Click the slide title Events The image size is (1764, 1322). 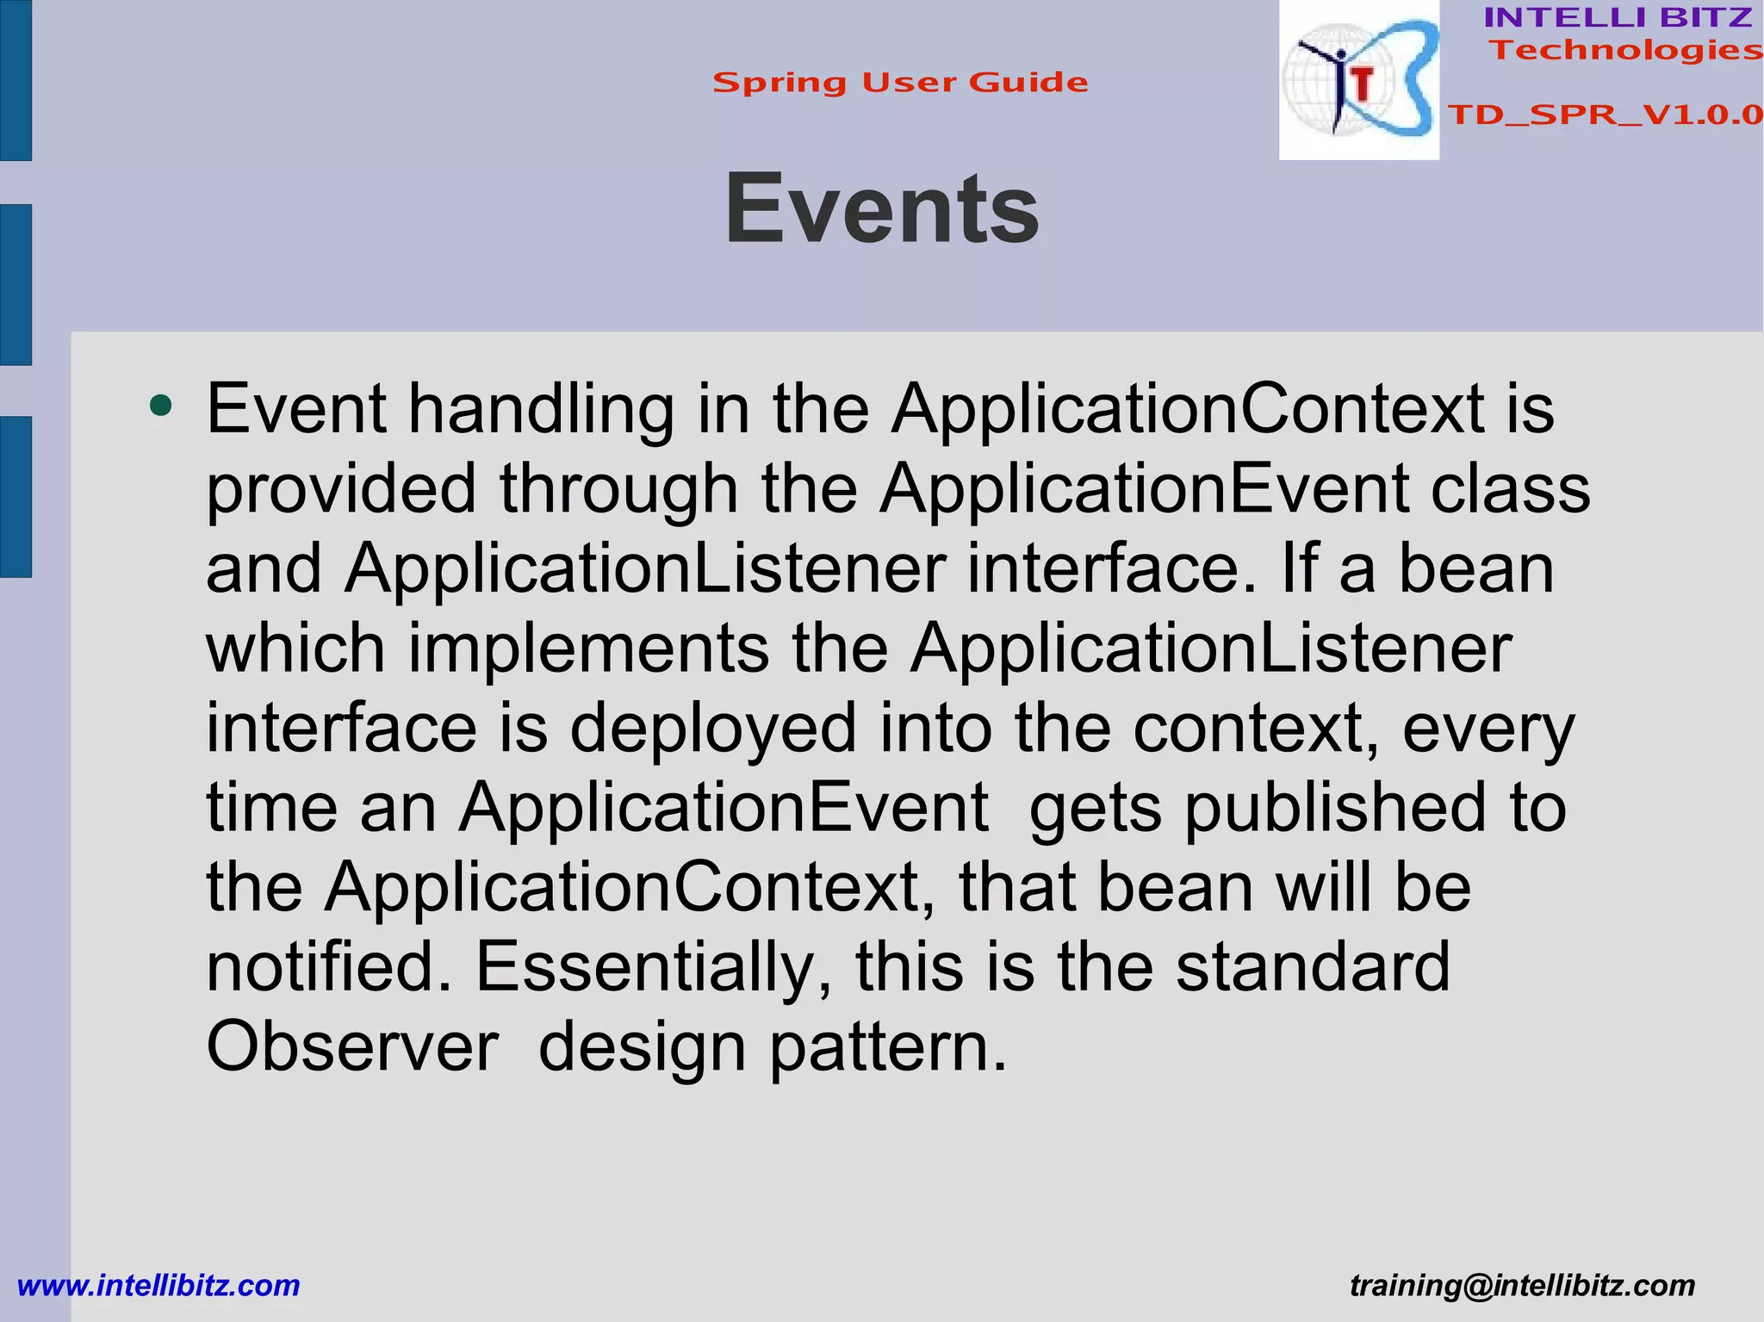(881, 209)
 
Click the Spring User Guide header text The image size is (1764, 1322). (900, 83)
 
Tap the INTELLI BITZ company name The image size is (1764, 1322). (1618, 17)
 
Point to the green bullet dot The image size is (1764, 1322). (160, 405)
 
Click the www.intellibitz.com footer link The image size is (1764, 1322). (158, 1285)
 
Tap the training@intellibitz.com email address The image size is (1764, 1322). (1522, 1285)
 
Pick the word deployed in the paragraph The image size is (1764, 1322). (713, 728)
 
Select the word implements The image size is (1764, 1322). (588, 649)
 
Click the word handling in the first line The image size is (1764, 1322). (541, 408)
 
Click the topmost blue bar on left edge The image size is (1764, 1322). (16, 80)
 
